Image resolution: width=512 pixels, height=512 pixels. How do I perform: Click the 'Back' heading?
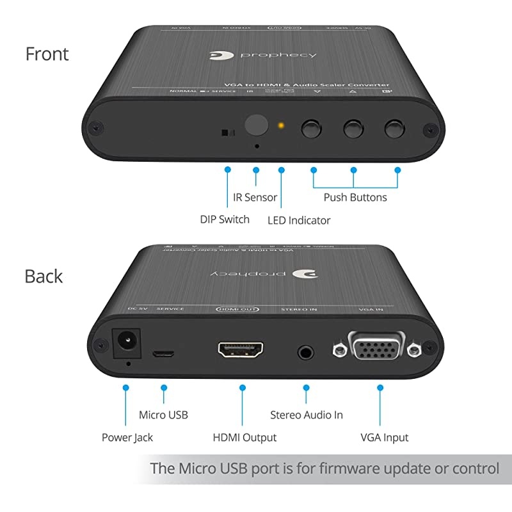(x=44, y=276)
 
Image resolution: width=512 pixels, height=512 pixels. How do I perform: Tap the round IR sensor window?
(x=256, y=125)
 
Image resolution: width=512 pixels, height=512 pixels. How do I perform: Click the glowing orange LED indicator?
(x=280, y=124)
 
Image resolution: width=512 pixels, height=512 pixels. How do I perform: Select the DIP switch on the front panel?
(x=227, y=133)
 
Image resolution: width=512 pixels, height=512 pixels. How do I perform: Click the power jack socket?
(x=125, y=344)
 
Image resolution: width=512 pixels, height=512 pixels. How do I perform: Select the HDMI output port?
(x=243, y=350)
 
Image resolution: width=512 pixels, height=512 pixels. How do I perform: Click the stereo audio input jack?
(x=307, y=351)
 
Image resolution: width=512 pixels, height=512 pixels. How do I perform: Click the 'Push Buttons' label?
(x=355, y=197)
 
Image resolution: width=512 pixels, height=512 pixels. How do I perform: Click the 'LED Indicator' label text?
(x=299, y=220)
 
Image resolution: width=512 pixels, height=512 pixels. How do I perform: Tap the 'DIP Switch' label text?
(x=225, y=220)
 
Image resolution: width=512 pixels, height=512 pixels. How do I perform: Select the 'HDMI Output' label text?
(x=244, y=438)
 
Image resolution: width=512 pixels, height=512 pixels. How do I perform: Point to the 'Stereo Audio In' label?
(x=307, y=415)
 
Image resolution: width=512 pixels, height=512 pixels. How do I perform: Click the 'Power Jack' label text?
(x=127, y=438)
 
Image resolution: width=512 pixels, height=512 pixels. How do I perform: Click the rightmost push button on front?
(x=396, y=128)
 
